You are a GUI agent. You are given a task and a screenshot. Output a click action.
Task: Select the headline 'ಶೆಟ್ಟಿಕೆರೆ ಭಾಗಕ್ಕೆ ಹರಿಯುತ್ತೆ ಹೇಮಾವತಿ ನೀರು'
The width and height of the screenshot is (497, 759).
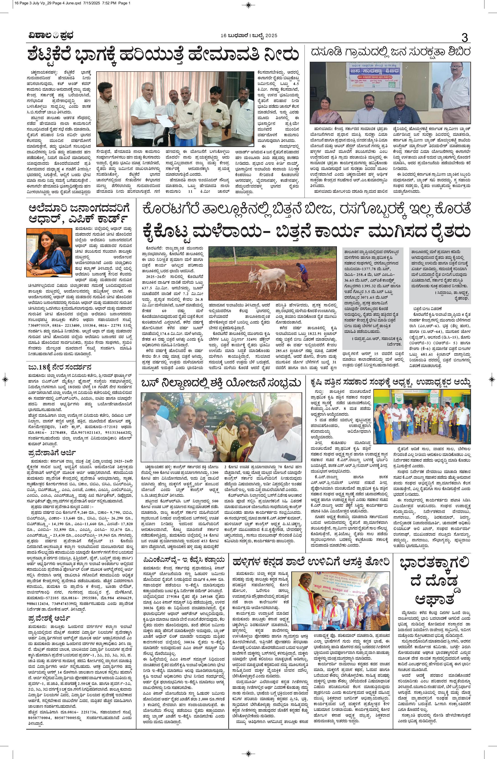[163, 55]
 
